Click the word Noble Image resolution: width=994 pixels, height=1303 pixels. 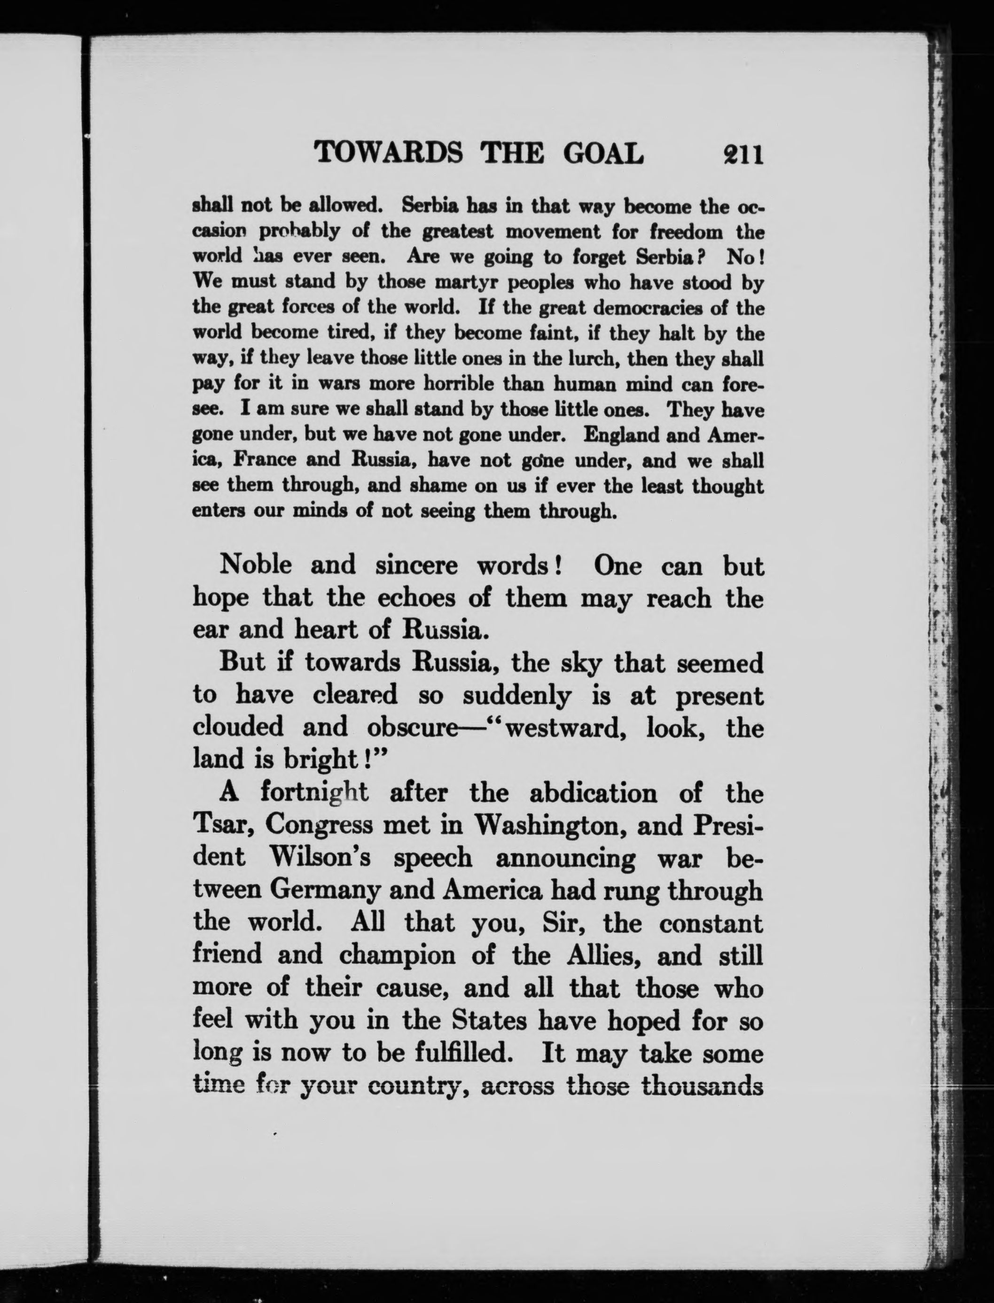click(256, 565)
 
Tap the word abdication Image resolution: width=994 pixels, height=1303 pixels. click(593, 793)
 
